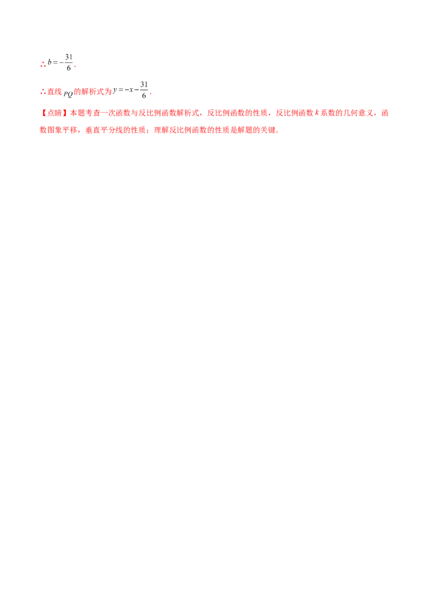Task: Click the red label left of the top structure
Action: (42, 64)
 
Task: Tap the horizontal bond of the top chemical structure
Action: (56, 63)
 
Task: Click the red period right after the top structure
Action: (76, 66)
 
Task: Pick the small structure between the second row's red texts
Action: (68, 94)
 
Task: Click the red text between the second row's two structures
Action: (93, 92)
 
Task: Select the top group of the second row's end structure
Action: (143, 82)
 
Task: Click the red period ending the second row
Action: (153, 94)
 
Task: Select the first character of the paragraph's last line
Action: (42, 130)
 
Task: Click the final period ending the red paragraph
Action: (279, 131)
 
